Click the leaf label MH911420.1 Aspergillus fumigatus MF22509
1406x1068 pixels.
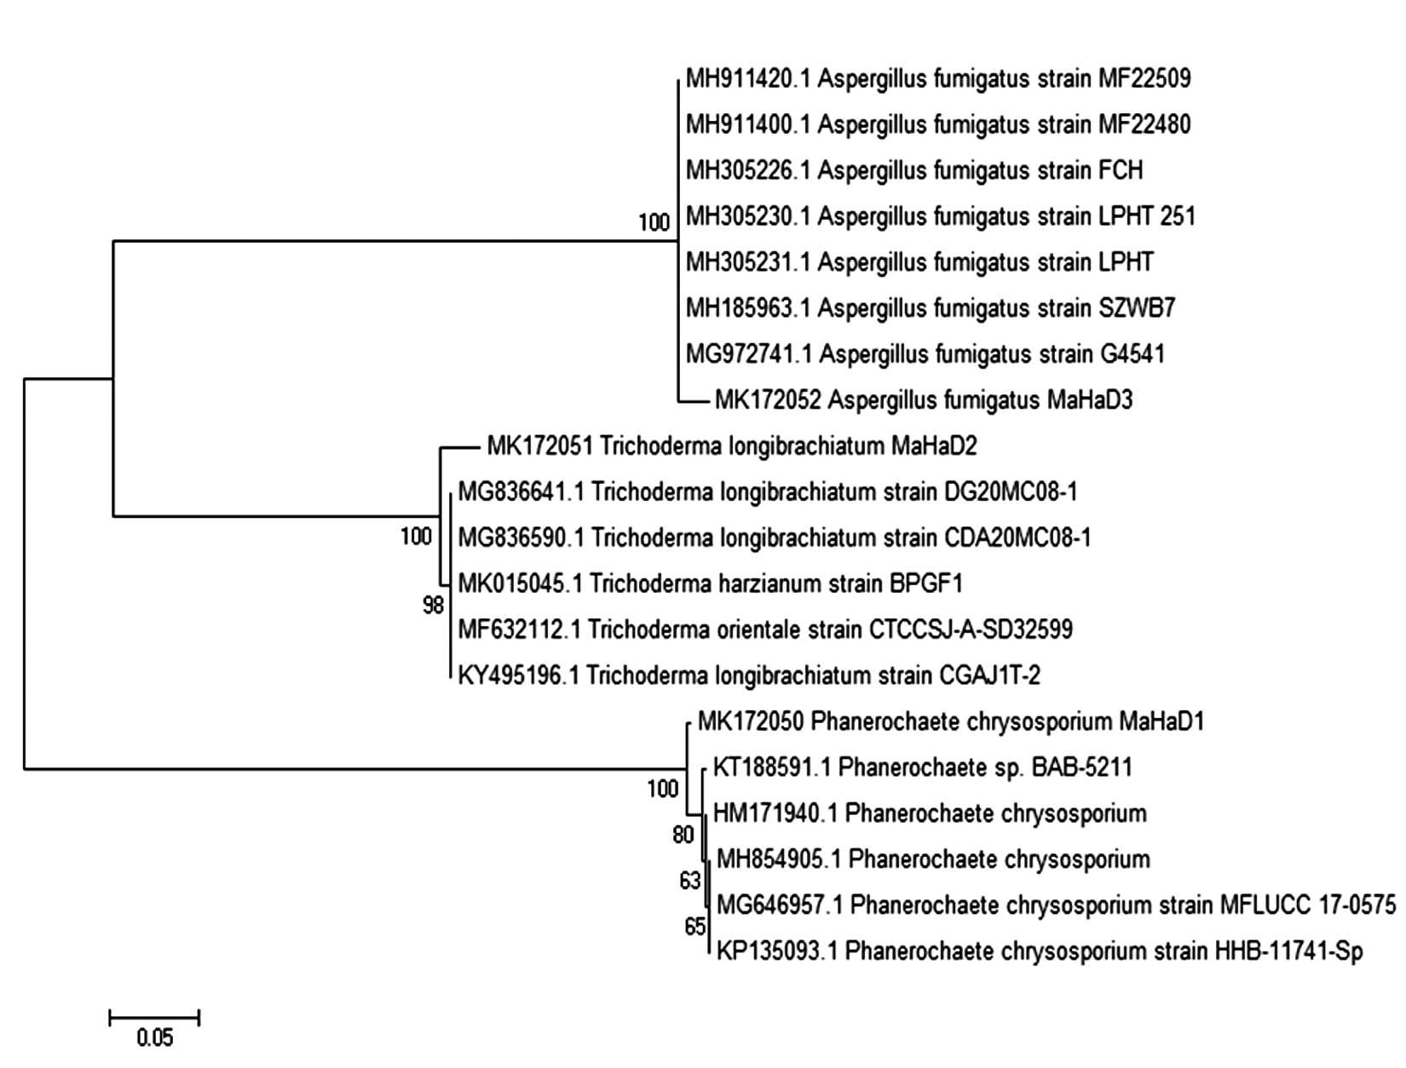tap(938, 79)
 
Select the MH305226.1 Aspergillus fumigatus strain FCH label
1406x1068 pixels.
tap(914, 170)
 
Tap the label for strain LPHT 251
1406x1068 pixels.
tap(941, 216)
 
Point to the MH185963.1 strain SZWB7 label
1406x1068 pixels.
tap(931, 307)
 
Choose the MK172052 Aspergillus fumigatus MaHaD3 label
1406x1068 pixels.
tap(924, 399)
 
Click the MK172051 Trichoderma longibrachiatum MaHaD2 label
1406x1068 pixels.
tap(743, 445)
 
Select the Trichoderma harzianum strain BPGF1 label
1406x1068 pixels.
tap(711, 583)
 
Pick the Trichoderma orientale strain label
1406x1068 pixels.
tap(765, 629)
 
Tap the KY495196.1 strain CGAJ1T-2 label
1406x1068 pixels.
tap(749, 675)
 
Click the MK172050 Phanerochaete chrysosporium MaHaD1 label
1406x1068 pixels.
tap(951, 722)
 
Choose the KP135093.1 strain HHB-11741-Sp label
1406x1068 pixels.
tap(1040, 950)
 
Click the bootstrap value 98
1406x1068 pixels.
tap(434, 606)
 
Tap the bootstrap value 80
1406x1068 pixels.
tap(683, 835)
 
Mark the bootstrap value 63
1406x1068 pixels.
tap(690, 881)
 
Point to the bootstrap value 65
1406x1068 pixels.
tap(695, 927)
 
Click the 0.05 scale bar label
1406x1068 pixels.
tap(154, 1037)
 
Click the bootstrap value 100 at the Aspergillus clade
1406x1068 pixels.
tap(654, 223)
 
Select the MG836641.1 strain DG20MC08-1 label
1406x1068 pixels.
tap(768, 491)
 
